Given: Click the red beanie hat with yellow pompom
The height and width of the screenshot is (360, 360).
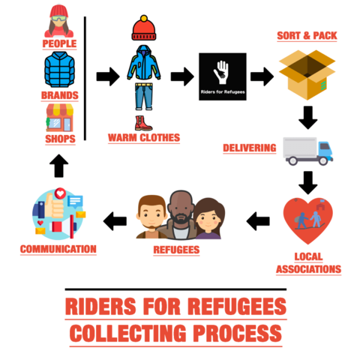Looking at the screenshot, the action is pyautogui.click(x=144, y=28).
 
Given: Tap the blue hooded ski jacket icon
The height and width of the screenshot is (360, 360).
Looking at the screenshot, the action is pyautogui.click(x=144, y=62).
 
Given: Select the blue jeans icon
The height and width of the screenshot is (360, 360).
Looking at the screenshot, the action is pyautogui.click(x=144, y=97).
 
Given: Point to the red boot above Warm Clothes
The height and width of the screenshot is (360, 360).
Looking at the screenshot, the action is pyautogui.click(x=143, y=123).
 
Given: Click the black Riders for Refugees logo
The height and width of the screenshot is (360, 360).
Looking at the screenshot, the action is pyautogui.click(x=223, y=76).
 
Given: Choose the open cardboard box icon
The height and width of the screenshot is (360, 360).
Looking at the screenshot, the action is pyautogui.click(x=307, y=75).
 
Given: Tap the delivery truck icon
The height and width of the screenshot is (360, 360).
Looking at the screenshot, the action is pyautogui.click(x=307, y=151).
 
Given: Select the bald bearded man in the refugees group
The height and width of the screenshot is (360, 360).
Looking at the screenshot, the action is pyautogui.click(x=180, y=215).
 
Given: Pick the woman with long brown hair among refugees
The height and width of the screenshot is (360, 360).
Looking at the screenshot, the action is pyautogui.click(x=208, y=218).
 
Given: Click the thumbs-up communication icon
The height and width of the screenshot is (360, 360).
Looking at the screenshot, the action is pyautogui.click(x=59, y=214).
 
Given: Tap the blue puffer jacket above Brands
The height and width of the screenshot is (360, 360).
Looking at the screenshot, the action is pyautogui.click(x=59, y=70).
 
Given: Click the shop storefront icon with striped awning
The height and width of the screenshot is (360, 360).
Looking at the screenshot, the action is pyautogui.click(x=60, y=118).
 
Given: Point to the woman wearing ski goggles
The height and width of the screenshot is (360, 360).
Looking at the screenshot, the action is pyautogui.click(x=58, y=21).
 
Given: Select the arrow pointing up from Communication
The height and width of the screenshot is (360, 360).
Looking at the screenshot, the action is pyautogui.click(x=58, y=166).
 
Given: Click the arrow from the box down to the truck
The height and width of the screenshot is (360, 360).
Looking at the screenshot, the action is pyautogui.click(x=308, y=118).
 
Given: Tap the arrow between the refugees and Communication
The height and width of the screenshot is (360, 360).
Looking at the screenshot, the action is pyautogui.click(x=115, y=221).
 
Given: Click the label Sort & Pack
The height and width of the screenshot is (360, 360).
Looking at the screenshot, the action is pyautogui.click(x=307, y=36).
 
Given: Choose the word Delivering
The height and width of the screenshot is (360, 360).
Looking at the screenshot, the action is pyautogui.click(x=250, y=148).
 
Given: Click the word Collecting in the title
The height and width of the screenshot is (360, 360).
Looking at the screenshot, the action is pyautogui.click(x=127, y=333).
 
